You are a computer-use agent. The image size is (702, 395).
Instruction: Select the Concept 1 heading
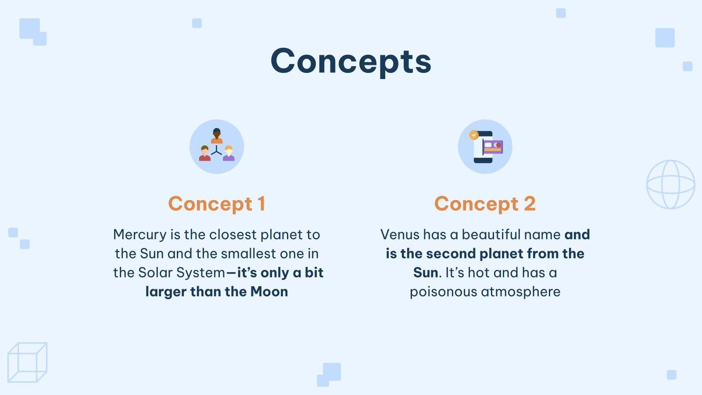pos(217,204)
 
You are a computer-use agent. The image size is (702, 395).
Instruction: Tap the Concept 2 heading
pos(485,204)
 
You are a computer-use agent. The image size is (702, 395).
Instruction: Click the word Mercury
pos(140,235)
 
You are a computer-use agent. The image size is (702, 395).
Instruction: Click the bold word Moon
pos(269,292)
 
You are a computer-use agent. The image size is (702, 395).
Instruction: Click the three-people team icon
pos(217,147)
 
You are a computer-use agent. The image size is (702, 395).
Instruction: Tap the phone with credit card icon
pos(485,147)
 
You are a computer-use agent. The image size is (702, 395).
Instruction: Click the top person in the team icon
pos(217,136)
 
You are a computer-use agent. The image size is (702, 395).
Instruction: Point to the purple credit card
pos(493,147)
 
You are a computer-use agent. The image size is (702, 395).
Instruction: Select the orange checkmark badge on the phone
pos(473,135)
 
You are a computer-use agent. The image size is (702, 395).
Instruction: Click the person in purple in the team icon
pos(229,153)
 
